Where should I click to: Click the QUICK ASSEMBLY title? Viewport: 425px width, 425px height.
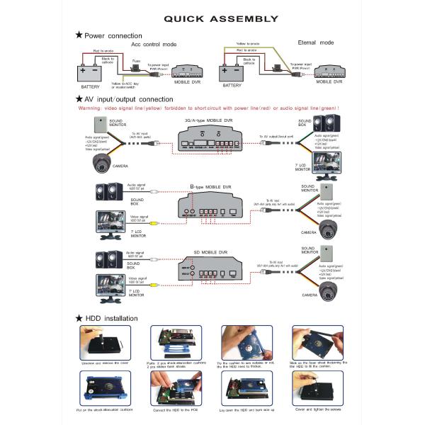[x=212, y=19]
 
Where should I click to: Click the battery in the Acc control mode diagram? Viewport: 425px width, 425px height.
[x=91, y=73]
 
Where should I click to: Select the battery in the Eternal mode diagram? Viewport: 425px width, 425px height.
[x=232, y=73]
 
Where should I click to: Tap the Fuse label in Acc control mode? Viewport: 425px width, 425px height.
[x=135, y=61]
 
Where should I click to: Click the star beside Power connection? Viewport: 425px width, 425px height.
[x=79, y=34]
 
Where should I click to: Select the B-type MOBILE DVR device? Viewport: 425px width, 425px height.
[x=211, y=207]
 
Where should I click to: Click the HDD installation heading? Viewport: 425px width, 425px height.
[x=112, y=318]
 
